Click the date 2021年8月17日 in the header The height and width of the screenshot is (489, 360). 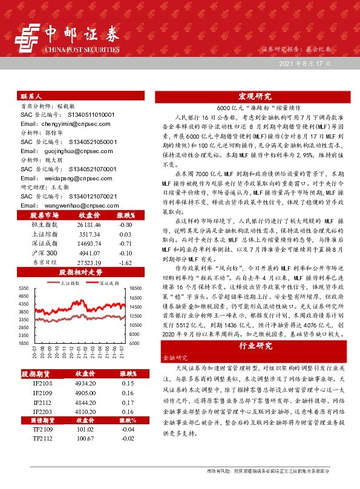pyautogui.click(x=306, y=64)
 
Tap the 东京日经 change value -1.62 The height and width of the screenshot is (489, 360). pyautogui.click(x=126, y=263)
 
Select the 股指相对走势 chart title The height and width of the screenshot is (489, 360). pyautogui.click(x=77, y=273)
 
